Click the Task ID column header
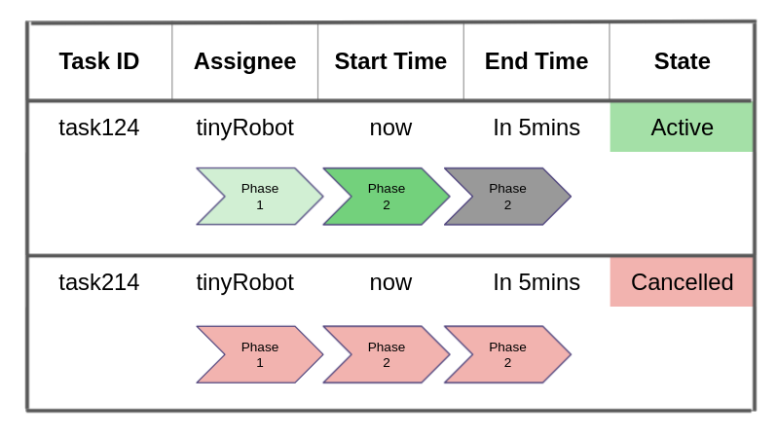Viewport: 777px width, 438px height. click(x=99, y=61)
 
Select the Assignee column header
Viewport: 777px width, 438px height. click(x=244, y=61)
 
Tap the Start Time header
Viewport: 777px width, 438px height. click(x=390, y=61)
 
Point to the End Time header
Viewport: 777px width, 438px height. click(x=536, y=61)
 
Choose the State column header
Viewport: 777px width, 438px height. click(x=682, y=61)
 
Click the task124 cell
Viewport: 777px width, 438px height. click(x=99, y=128)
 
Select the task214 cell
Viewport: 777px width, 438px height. click(x=99, y=282)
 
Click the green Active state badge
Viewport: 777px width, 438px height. click(x=682, y=128)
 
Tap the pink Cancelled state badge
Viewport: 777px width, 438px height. click(x=682, y=282)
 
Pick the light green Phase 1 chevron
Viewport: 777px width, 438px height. click(x=260, y=197)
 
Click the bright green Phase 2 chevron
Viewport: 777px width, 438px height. click(x=387, y=197)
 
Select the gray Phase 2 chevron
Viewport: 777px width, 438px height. click(x=507, y=197)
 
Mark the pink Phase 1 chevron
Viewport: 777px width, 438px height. click(x=260, y=354)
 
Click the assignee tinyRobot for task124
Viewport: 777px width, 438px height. click(x=244, y=128)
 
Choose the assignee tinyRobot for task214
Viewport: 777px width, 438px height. click(x=244, y=282)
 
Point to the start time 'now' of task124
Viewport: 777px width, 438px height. click(x=390, y=128)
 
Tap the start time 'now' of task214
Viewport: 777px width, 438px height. click(x=390, y=282)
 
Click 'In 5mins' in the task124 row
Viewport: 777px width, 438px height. click(x=536, y=128)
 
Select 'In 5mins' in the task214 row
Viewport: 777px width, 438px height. click(x=536, y=282)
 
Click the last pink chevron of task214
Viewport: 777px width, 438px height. click(x=507, y=354)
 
